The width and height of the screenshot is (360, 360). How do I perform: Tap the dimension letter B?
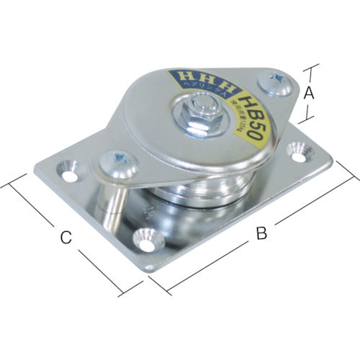(x=262, y=233)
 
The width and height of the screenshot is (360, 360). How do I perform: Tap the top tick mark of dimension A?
(x=312, y=68)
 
